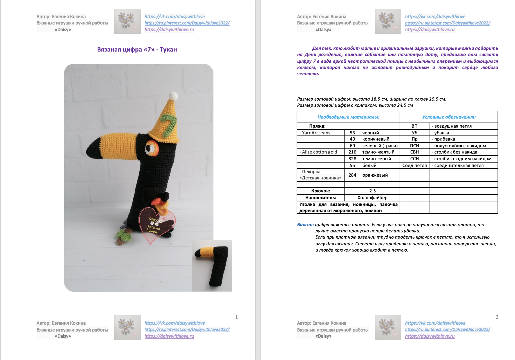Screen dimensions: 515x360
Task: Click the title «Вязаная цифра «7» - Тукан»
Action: [x=137, y=50]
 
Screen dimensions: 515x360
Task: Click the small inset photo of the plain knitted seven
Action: [x=212, y=265]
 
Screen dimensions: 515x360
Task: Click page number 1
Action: [x=236, y=317]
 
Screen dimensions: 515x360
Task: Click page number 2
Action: [x=497, y=317]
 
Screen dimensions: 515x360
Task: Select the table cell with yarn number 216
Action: [x=352, y=152]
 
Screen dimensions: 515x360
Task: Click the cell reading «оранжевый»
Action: [x=380, y=175]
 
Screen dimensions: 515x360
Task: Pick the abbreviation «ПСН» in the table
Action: [x=415, y=146]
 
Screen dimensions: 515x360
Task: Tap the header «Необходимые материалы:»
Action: [x=348, y=117]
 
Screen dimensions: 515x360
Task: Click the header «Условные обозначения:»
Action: [x=449, y=117]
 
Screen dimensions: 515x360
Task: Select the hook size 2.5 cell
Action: [x=372, y=191]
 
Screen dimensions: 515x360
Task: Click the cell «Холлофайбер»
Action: [x=372, y=197]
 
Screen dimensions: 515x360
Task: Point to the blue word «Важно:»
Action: [x=305, y=225]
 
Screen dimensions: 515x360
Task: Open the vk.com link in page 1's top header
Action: [x=174, y=17]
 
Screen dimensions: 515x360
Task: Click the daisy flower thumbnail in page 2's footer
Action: [x=388, y=328]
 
